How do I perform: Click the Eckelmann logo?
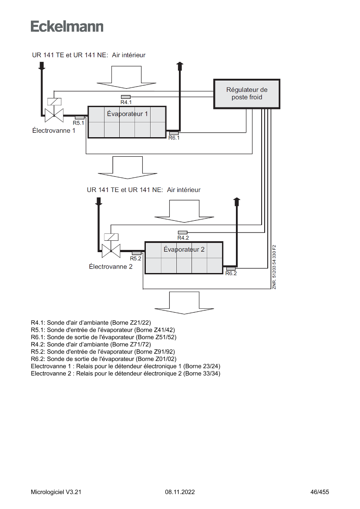[67, 27]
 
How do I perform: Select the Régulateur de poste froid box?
[247, 94]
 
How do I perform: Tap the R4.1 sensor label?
[126, 102]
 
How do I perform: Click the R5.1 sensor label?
[78, 123]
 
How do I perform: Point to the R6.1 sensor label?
[174, 138]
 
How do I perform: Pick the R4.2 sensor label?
[183, 238]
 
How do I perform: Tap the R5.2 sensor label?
[136, 259]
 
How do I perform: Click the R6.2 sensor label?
[231, 273]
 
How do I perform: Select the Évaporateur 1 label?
[127, 114]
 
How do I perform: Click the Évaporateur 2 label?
[184, 249]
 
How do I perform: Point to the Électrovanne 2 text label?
[111, 266]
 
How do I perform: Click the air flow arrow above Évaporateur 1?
[126, 77]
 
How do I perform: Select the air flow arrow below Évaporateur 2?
[184, 303]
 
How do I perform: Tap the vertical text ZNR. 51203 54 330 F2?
[274, 267]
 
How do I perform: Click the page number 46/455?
[320, 492]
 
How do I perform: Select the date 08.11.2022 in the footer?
[180, 492]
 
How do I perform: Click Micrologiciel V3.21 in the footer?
[56, 492]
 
